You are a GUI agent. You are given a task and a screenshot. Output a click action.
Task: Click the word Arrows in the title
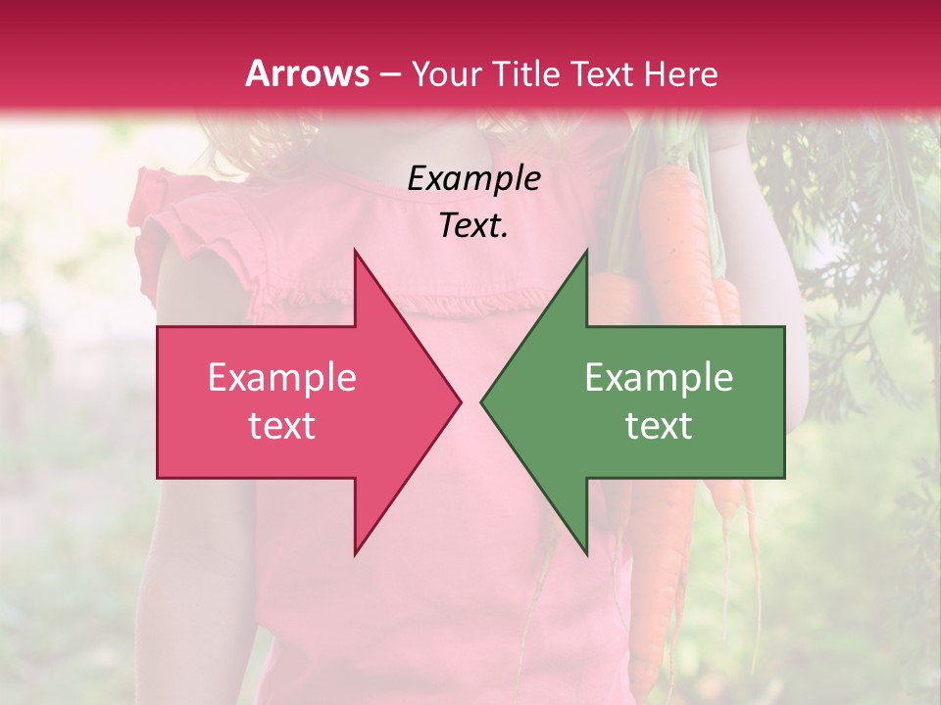click(x=308, y=73)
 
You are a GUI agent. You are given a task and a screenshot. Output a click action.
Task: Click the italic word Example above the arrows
click(x=473, y=179)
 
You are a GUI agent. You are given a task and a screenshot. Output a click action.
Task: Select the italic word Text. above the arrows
click(x=473, y=226)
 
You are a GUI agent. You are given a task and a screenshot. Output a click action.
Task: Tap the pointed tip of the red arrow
click(x=460, y=401)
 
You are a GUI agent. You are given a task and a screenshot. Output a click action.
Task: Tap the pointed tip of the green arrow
click(x=481, y=401)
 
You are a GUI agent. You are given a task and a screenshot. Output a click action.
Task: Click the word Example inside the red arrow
click(x=282, y=378)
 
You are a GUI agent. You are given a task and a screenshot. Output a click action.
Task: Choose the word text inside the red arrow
click(x=282, y=426)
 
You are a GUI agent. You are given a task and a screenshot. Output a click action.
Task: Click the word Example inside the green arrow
click(x=659, y=378)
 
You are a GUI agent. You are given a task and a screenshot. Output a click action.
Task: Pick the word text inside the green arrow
click(x=659, y=426)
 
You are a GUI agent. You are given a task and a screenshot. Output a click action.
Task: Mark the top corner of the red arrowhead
click(x=355, y=251)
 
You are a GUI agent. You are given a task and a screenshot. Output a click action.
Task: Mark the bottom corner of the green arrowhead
click(x=586, y=554)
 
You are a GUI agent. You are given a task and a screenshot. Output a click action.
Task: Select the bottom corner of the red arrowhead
click(x=355, y=554)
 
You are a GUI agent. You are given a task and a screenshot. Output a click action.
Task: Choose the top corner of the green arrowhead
click(x=586, y=251)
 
